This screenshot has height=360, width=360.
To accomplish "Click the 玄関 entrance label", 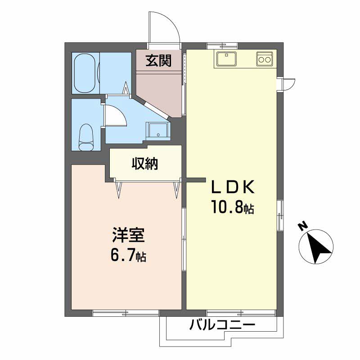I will [x=158, y=60].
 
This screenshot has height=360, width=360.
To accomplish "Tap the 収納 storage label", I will [x=145, y=164].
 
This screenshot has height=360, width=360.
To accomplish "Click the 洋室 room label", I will [x=128, y=236].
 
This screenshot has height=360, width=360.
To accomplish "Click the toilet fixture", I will [x=86, y=137].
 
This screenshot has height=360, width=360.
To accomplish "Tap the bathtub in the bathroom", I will [x=85, y=73].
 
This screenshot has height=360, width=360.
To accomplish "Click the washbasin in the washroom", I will [x=158, y=130].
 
